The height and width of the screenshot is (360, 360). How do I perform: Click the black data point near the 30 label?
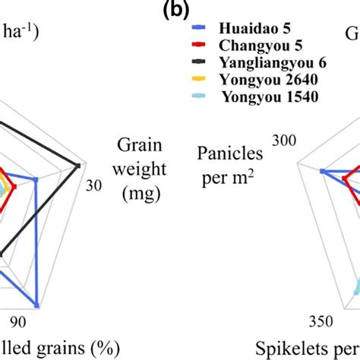pos(79,164)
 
